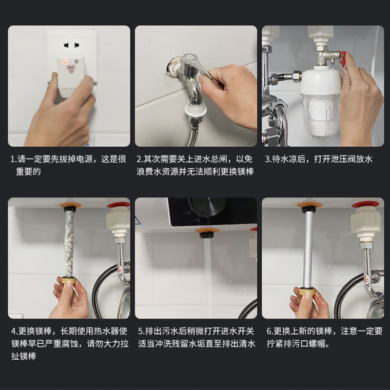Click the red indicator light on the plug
point(65,61)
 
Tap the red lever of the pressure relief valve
point(343,59)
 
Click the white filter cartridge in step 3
point(320,117)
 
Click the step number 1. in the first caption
point(14,159)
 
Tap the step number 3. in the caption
point(268,159)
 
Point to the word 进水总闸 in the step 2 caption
point(211,159)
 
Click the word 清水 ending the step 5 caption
point(247,344)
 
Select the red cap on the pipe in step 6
point(365,205)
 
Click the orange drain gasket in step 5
point(207,231)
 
